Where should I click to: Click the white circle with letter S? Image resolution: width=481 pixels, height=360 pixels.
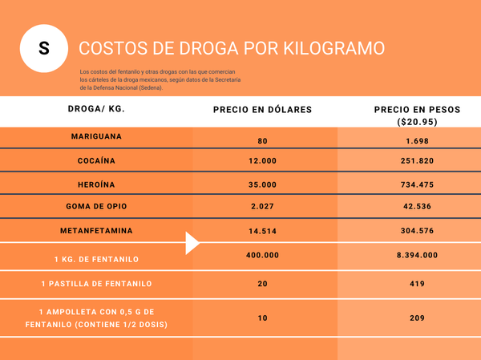(x=43, y=48)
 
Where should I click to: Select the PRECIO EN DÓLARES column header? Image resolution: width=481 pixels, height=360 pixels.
(x=262, y=109)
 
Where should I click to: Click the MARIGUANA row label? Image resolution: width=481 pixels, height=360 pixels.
(x=96, y=136)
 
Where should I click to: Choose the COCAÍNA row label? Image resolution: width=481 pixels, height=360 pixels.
(x=96, y=160)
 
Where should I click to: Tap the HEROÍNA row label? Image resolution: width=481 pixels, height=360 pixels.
(x=96, y=184)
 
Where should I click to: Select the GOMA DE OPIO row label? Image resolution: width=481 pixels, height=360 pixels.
(x=96, y=206)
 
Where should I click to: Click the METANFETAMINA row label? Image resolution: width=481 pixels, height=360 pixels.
(x=96, y=231)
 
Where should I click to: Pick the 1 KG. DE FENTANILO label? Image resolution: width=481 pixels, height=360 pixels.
(x=96, y=259)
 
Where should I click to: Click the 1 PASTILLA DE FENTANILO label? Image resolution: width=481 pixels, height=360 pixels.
(x=96, y=283)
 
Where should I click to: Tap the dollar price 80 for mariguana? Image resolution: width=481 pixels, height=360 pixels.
(x=262, y=141)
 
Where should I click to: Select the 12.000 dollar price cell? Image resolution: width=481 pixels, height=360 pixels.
(x=262, y=160)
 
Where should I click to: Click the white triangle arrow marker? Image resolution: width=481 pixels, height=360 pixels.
(x=192, y=243)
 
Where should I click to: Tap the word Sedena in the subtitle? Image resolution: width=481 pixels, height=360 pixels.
(x=148, y=87)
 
